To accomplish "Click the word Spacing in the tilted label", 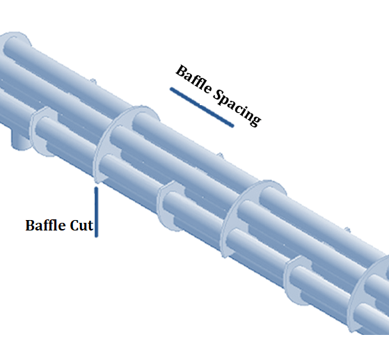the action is tap(237, 108).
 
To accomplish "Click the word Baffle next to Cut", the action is tap(47, 225).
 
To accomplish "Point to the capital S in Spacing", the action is tap(218, 95).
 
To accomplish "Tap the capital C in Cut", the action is tap(74, 226).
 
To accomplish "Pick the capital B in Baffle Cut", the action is tap(30, 226).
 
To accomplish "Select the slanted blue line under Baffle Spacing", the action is tap(202, 107).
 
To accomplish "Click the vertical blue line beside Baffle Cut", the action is tap(96, 212).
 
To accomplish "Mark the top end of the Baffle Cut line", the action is tap(96, 187).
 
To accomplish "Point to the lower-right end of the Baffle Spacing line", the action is tap(233, 126).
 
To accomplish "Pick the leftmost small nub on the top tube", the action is tap(93, 81).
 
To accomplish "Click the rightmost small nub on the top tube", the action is tap(347, 230).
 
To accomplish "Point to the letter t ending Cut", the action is tap(90, 226).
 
